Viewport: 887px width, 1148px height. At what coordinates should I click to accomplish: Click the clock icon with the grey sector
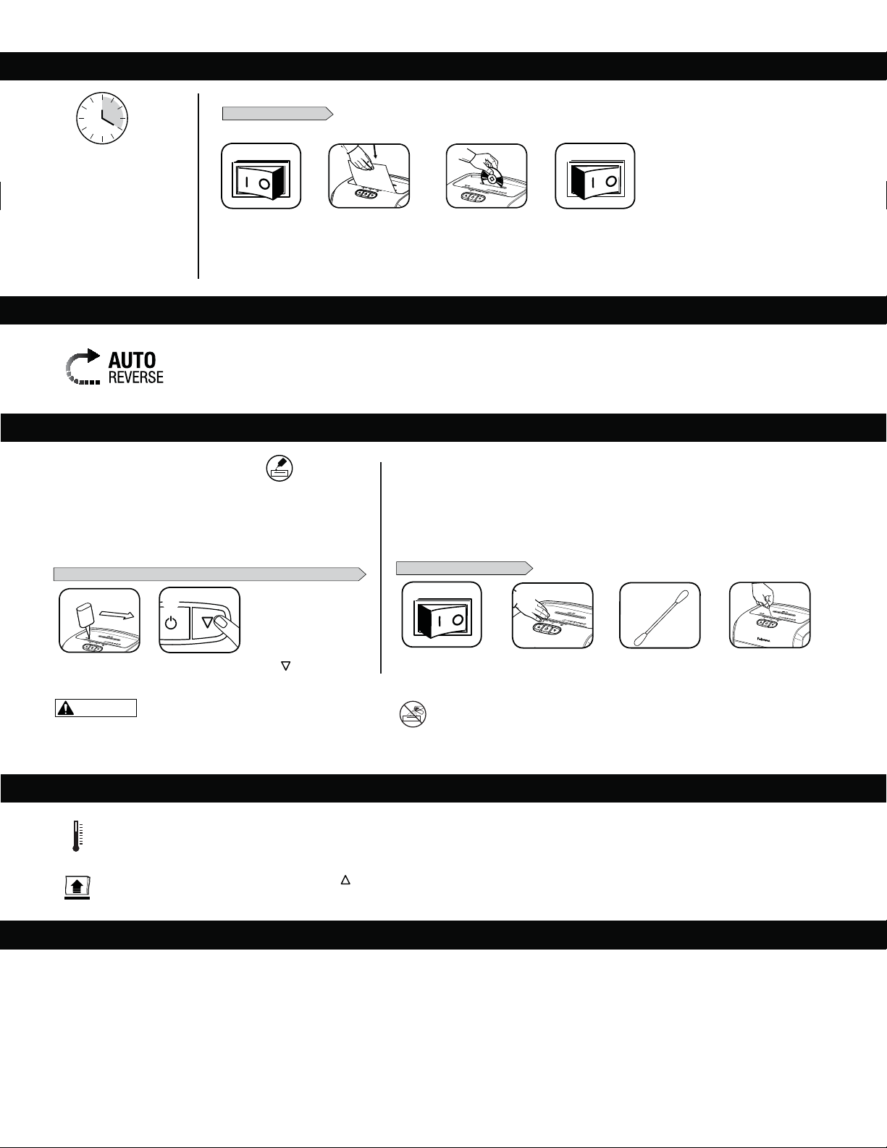click(102, 118)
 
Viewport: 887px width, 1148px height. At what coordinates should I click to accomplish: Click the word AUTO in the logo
click(132, 360)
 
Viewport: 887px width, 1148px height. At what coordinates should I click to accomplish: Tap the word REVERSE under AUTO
click(135, 377)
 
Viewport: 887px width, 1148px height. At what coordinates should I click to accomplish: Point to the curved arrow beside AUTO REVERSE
click(83, 366)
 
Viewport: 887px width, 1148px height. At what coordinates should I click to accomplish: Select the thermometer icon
click(77, 836)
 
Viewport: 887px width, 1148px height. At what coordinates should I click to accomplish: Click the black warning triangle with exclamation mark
click(65, 708)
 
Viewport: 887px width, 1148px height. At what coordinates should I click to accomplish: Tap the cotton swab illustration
click(660, 615)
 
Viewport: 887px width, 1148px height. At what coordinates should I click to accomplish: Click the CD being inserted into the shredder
click(490, 178)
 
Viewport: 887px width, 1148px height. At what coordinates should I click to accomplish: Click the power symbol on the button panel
click(171, 623)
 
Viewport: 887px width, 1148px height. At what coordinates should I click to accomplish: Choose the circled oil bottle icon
click(279, 468)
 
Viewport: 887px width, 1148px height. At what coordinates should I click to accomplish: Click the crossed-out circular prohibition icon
click(412, 714)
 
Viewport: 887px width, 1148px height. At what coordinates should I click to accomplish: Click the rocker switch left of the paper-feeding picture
click(261, 176)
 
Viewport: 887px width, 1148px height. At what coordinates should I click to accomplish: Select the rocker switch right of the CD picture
click(595, 176)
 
